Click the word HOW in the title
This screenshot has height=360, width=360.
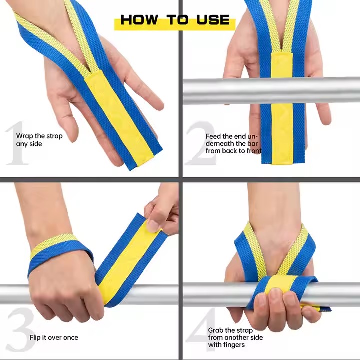pyautogui.click(x=139, y=19)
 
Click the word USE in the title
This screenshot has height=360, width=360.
pyautogui.click(x=213, y=19)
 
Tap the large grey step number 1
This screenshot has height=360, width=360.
pyautogui.click(x=16, y=143)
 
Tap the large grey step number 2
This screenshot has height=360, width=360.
pyautogui.click(x=201, y=143)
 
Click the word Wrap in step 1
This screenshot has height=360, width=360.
pyautogui.click(x=24, y=136)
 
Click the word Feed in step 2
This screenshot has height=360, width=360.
pyautogui.click(x=213, y=136)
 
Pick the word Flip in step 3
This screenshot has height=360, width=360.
pyautogui.click(x=35, y=337)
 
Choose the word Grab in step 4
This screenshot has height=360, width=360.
pyautogui.click(x=215, y=330)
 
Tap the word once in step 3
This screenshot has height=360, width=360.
pyautogui.click(x=70, y=337)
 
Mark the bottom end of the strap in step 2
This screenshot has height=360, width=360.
pyautogui.click(x=283, y=162)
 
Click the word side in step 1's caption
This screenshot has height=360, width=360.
pyautogui.click(x=36, y=144)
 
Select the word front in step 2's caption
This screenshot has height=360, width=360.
pyautogui.click(x=254, y=151)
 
